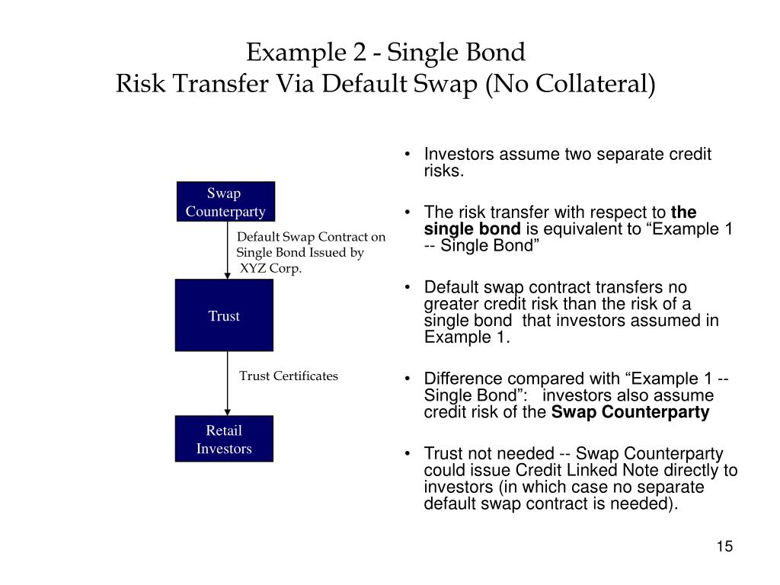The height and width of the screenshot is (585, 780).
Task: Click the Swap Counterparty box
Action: click(x=225, y=201)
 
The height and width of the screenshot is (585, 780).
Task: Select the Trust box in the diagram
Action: click(x=224, y=315)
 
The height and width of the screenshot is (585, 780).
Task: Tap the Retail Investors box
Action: click(x=224, y=439)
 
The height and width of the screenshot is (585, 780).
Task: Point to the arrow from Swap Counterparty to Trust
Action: click(x=227, y=251)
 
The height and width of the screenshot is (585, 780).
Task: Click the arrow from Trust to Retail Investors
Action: click(x=227, y=383)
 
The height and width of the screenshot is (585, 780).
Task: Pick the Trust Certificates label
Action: click(x=289, y=376)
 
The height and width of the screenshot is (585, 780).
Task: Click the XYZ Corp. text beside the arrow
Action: click(x=271, y=268)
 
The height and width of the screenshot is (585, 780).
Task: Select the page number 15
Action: click(x=724, y=547)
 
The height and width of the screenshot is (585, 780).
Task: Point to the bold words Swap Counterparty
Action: click(x=630, y=412)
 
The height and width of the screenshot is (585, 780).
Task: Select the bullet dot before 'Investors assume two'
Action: click(x=409, y=155)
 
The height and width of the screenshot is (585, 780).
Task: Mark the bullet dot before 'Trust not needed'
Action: click(x=409, y=454)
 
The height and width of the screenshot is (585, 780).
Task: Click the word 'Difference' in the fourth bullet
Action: click(x=463, y=379)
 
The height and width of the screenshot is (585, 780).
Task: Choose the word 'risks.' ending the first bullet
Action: click(x=443, y=171)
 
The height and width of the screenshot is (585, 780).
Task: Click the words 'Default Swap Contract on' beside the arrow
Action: click(x=311, y=237)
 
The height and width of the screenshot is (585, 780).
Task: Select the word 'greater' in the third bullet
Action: click(x=451, y=304)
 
